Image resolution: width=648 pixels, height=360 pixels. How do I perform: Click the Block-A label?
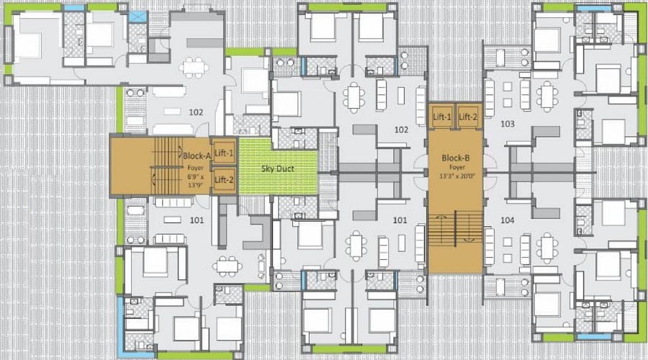[196, 156]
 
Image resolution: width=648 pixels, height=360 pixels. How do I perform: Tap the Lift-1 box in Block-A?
[224, 153]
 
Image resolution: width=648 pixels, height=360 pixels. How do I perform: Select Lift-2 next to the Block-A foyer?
[224, 179]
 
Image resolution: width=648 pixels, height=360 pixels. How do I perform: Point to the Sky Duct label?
[277, 168]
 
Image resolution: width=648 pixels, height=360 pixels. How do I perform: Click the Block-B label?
[456, 157]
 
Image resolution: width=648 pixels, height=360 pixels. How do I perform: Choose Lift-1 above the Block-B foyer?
[442, 117]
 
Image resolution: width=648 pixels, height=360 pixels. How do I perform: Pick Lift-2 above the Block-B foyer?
[468, 117]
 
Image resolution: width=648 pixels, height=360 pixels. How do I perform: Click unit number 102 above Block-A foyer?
[196, 112]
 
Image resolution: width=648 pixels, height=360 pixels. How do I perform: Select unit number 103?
[507, 124]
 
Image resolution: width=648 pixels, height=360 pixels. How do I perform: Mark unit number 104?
[507, 220]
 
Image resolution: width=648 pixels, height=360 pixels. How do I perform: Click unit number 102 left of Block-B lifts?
[401, 130]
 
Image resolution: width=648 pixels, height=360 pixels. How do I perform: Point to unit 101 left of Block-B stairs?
[401, 220]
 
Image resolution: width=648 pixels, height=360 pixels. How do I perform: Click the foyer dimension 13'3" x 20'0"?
[456, 175]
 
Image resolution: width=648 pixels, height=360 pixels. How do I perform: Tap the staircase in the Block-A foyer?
[166, 166]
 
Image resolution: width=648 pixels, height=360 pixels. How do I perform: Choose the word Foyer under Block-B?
[456, 166]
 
